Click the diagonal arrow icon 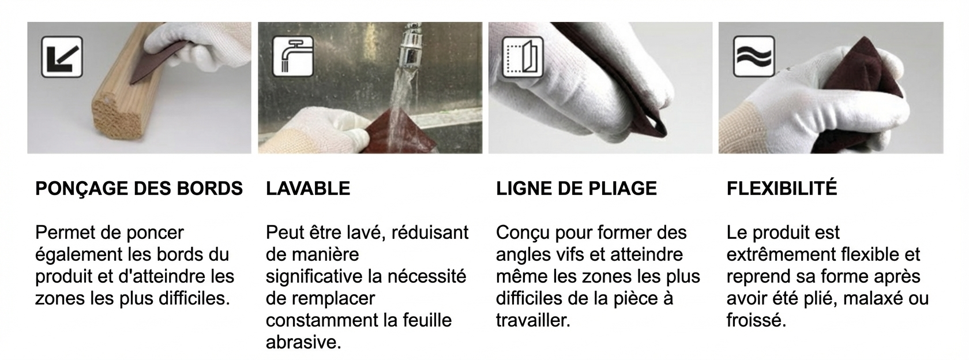coord(62,57)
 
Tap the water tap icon coord(293,57)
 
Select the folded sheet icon coord(523,57)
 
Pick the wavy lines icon coord(754,57)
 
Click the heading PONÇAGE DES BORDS coord(139,189)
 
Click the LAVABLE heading coord(308,189)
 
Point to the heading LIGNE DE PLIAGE coord(576,189)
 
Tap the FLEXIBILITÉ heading coord(782,188)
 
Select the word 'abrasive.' coord(303,342)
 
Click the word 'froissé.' coord(756,320)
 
